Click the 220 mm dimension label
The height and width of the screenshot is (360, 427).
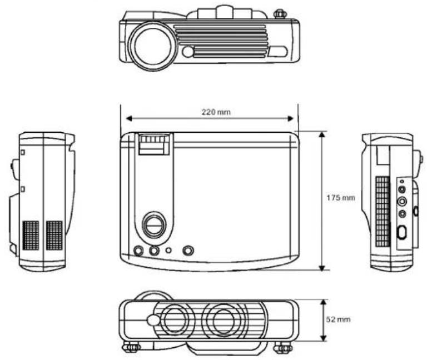click(x=216, y=112)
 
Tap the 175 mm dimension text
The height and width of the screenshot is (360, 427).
click(x=341, y=198)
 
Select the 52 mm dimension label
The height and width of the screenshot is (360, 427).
click(x=338, y=319)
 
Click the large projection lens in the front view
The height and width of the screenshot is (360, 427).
click(x=151, y=46)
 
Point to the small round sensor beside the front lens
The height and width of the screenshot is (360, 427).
click(x=187, y=52)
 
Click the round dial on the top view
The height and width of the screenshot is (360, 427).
click(x=155, y=224)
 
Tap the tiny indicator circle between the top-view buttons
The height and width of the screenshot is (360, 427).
click(x=169, y=250)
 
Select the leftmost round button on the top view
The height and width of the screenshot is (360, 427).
click(x=138, y=251)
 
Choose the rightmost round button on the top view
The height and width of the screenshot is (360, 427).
click(x=188, y=251)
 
